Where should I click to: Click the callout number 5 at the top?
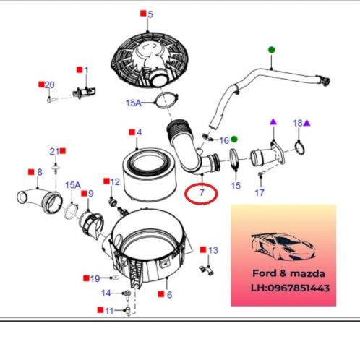tap(150, 14)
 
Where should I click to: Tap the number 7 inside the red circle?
tap(202, 192)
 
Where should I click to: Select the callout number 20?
tap(50, 85)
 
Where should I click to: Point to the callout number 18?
tap(298, 123)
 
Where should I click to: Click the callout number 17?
tap(260, 192)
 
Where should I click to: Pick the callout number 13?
tap(213, 250)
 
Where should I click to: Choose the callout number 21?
tap(54, 152)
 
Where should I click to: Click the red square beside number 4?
tap(132, 132)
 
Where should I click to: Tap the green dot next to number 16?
tap(234, 139)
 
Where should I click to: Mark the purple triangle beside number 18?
tap(307, 123)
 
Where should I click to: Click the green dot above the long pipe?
tap(272, 50)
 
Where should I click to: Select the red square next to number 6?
tap(161, 294)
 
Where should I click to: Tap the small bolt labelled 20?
tap(51, 99)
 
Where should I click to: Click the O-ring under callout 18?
tap(300, 147)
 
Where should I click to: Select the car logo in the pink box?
tap(283, 247)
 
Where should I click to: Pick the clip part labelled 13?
tap(207, 270)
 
